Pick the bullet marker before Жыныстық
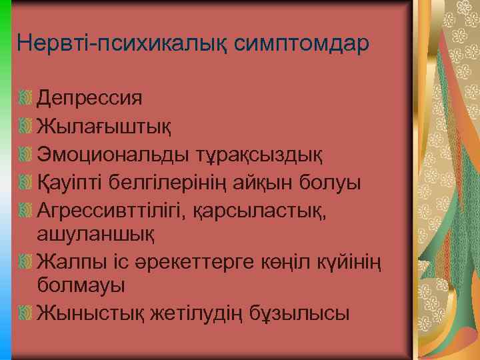point(26,311)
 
